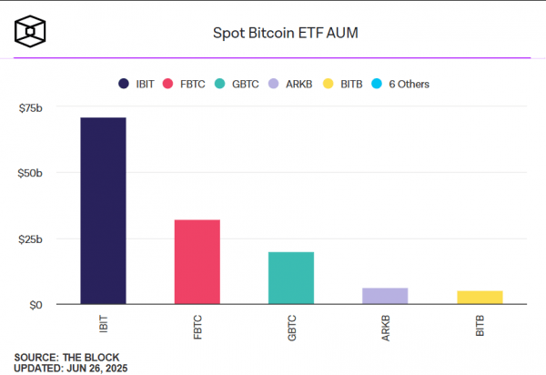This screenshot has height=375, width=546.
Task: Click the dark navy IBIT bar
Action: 103,210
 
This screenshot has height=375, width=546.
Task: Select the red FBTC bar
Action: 197,261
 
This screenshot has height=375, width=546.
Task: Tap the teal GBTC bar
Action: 291,278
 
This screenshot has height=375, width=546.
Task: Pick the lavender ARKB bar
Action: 385,296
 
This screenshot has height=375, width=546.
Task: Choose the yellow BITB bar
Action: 480,297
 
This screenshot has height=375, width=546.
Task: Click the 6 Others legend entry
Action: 399,84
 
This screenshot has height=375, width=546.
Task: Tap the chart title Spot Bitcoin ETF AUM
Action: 272,33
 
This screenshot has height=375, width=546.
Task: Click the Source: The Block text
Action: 66,357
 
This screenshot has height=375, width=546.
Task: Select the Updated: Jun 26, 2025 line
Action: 71,368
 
